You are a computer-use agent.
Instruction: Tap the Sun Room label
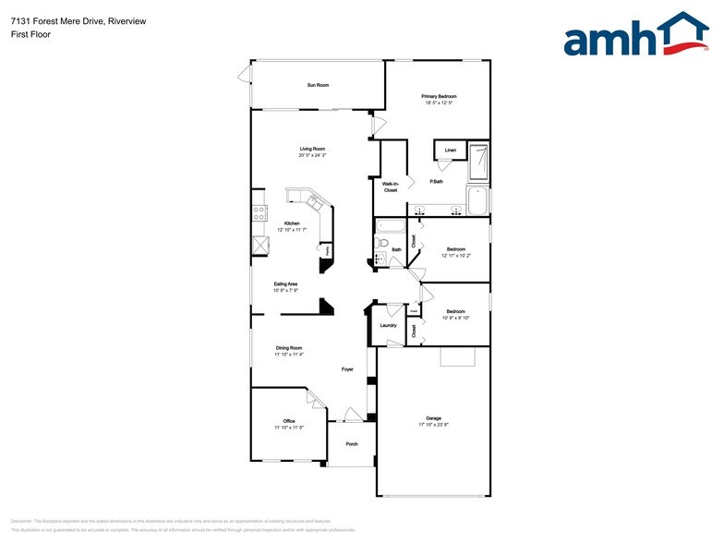(318, 85)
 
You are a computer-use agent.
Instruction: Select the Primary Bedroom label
(439, 96)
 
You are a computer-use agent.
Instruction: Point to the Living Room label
(311, 149)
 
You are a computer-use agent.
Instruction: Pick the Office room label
(289, 421)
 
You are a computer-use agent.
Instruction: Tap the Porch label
(352, 444)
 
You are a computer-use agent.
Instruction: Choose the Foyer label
(348, 369)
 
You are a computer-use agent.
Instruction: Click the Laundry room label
(388, 325)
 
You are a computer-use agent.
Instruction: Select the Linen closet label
(451, 150)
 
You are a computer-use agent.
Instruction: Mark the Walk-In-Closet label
(390, 187)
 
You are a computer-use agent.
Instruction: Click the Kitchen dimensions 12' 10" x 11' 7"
(292, 230)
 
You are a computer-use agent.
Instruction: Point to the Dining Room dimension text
(289, 354)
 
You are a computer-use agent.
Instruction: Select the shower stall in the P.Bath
(478, 162)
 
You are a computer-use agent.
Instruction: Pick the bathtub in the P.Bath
(477, 200)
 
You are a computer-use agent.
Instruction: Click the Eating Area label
(285, 284)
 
